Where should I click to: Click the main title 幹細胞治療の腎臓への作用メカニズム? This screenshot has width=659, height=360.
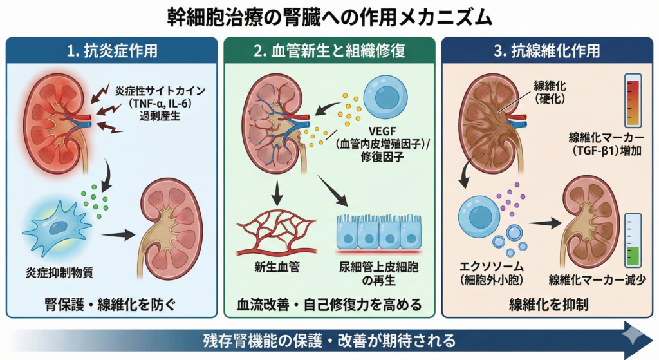coord(329,17)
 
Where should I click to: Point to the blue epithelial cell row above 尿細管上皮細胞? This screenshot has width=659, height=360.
coord(378,232)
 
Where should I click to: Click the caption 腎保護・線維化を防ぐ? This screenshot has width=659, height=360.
coord(111,304)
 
